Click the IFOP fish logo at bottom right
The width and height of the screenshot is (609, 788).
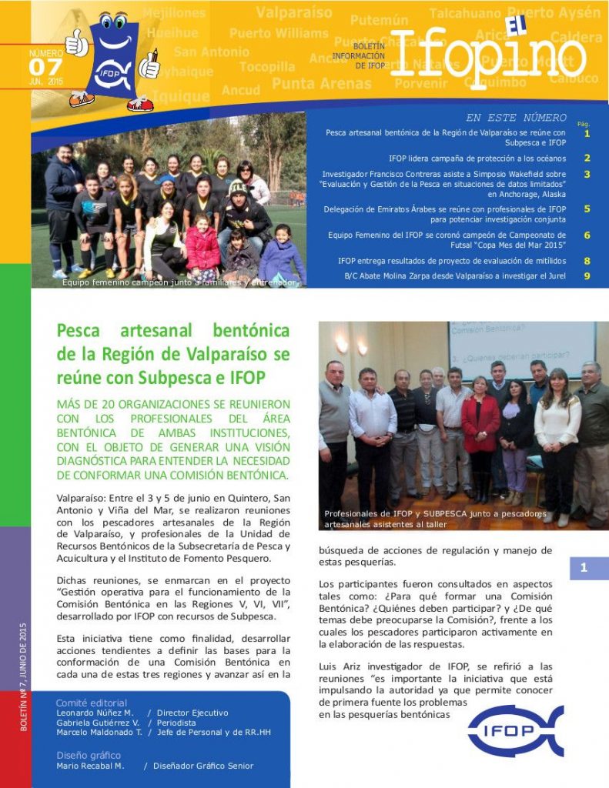coord(515,731)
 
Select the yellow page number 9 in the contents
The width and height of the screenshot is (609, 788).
coord(587,275)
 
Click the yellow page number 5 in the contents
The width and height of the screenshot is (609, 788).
coord(587,209)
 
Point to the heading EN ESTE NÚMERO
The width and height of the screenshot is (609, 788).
coord(516,118)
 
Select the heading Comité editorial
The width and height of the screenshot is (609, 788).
coord(92,703)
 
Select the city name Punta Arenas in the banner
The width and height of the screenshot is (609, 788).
coord(322,83)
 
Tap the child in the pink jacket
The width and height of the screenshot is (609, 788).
coord(202,248)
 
